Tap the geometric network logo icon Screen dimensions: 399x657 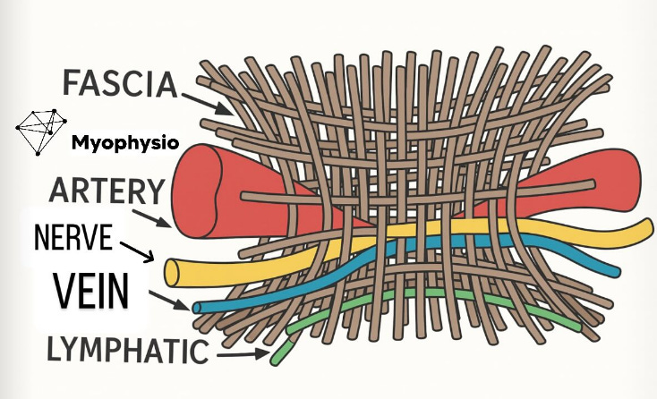[x=40, y=131]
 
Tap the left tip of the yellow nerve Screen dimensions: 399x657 [x=170, y=272]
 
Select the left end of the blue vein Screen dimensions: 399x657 [x=198, y=307]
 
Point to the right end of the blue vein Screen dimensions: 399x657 [x=616, y=271]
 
